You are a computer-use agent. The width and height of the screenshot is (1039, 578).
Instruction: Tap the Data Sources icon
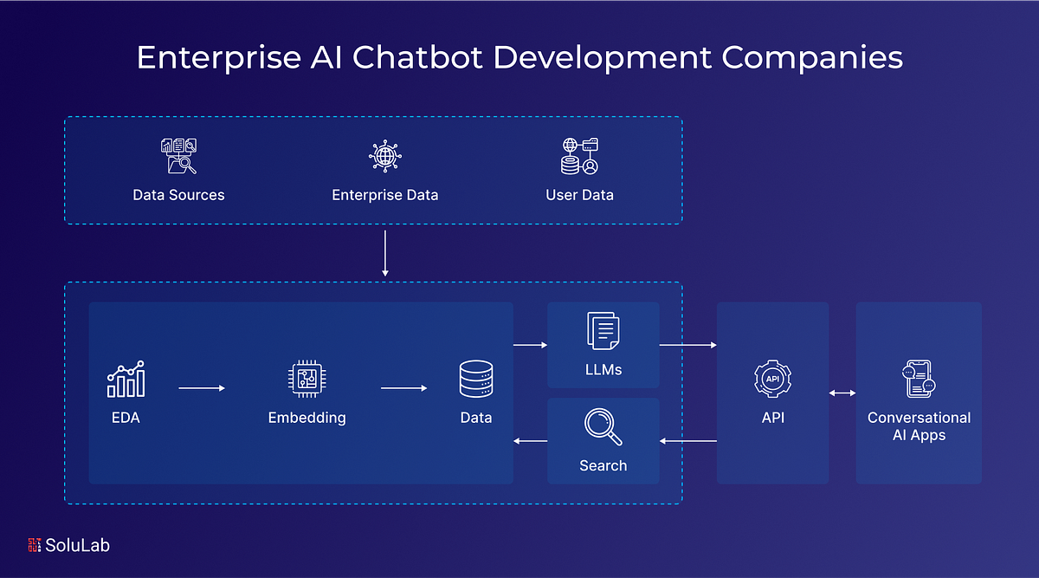click(x=178, y=157)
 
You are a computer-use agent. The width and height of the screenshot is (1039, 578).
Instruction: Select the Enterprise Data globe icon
click(x=384, y=157)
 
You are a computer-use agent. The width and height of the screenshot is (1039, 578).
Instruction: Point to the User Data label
click(x=579, y=195)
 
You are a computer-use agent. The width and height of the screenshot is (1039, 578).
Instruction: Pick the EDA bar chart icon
click(x=126, y=380)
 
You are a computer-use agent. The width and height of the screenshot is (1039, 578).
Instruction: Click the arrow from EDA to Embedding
click(x=202, y=388)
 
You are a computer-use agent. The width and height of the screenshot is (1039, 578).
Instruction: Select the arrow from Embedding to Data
click(x=404, y=388)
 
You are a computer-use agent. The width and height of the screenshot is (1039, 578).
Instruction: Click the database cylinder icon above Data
click(x=475, y=380)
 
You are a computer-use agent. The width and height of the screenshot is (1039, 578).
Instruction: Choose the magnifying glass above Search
click(x=602, y=427)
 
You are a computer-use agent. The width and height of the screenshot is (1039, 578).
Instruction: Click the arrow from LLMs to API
click(x=687, y=345)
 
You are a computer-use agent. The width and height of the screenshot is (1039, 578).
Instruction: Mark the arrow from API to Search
click(x=687, y=441)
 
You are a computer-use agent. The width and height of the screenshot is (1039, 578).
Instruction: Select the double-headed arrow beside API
click(x=842, y=393)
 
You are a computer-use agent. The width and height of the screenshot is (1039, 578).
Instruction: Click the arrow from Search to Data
click(x=530, y=441)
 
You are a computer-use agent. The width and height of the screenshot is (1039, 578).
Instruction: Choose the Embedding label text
click(x=307, y=418)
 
